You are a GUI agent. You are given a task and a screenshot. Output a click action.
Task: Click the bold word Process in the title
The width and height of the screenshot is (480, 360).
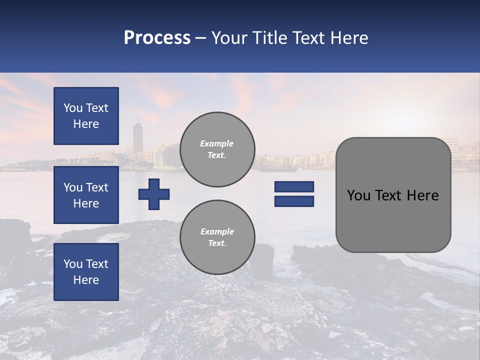tap(157, 37)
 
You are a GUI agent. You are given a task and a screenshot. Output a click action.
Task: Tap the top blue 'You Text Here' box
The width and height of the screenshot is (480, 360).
tap(86, 116)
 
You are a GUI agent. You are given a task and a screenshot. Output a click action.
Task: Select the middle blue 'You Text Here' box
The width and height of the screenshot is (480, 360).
tap(86, 195)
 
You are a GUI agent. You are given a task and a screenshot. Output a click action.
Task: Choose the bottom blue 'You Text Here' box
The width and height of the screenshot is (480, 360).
tap(86, 271)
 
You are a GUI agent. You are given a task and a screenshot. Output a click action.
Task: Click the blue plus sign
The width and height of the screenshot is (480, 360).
tap(154, 194)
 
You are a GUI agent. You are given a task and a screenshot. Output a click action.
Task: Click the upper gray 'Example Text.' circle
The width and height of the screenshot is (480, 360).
tap(217, 149)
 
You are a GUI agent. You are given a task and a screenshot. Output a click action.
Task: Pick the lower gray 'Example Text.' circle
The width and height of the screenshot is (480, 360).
tap(217, 237)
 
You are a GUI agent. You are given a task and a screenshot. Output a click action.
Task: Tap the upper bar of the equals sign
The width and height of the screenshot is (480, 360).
tap(294, 186)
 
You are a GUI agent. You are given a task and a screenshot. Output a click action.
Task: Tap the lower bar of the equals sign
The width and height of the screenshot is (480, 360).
tap(294, 201)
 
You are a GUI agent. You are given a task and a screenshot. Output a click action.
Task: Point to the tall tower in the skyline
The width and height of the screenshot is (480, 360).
tap(137, 135)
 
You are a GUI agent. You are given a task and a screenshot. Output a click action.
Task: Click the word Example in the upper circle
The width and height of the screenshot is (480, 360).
tap(217, 143)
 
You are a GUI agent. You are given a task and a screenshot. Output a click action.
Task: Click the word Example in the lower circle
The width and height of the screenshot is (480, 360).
tap(217, 231)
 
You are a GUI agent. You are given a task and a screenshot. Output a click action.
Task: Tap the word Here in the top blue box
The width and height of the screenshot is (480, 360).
tap(86, 124)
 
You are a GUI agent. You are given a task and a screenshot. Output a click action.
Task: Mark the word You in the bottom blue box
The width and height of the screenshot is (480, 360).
tap(72, 263)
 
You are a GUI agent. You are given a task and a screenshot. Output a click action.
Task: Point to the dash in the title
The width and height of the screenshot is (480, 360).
tap(201, 37)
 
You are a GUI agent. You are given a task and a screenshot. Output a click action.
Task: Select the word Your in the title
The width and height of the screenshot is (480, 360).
tap(229, 37)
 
